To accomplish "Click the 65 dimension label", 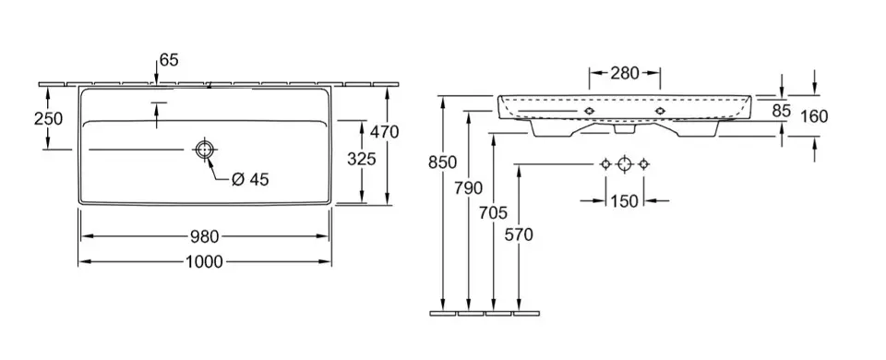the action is point(169,60).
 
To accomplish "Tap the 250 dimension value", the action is point(48,119).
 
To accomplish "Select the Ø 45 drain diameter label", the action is point(250,180).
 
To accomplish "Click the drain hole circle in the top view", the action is point(204,150).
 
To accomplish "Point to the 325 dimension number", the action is point(362,160).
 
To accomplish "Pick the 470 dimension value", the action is point(385,132).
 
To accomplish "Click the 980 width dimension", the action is point(204,235).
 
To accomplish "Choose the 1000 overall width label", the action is point(204,261).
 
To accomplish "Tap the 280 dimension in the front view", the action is point(625,73).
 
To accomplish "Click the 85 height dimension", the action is point(781,112).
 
